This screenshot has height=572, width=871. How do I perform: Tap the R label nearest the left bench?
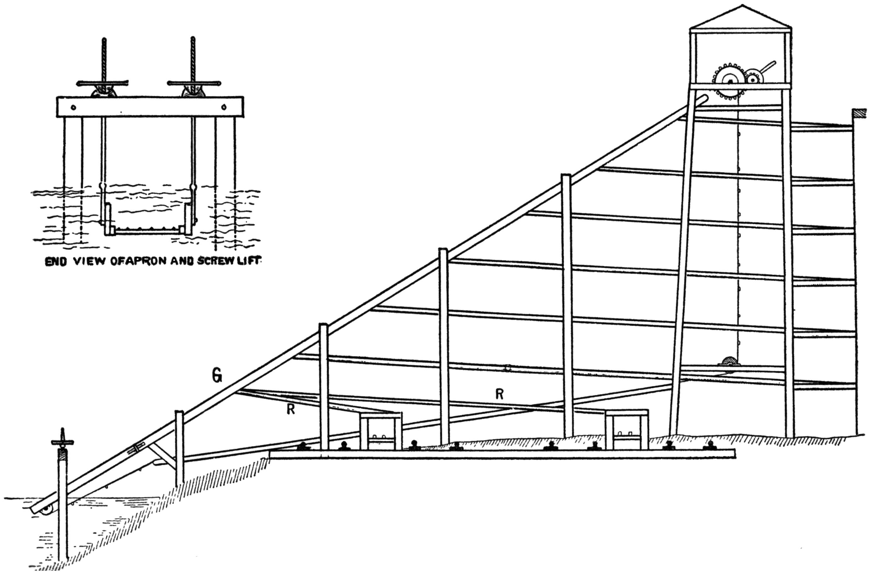click(291, 410)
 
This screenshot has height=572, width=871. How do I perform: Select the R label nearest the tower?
click(499, 394)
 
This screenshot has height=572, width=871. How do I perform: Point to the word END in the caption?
click(55, 262)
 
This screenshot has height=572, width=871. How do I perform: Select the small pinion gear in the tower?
click(753, 78)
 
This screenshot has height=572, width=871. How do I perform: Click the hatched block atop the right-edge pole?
click(859, 113)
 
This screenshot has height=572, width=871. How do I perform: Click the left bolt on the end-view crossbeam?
click(74, 107)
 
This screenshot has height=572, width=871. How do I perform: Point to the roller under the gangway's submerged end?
click(47, 511)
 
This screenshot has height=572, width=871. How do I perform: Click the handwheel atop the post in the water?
click(63, 442)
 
